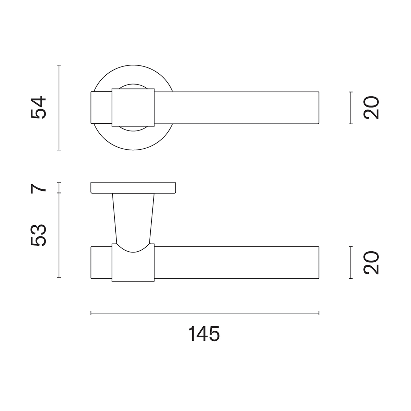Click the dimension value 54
[38, 108]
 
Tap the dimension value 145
[204, 334]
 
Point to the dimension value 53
[38, 235]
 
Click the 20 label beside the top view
[371, 108]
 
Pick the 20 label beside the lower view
[371, 263]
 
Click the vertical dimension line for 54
[59, 108]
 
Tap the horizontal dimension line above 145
[205, 313]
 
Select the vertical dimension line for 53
[59, 235]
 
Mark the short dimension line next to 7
[59, 188]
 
